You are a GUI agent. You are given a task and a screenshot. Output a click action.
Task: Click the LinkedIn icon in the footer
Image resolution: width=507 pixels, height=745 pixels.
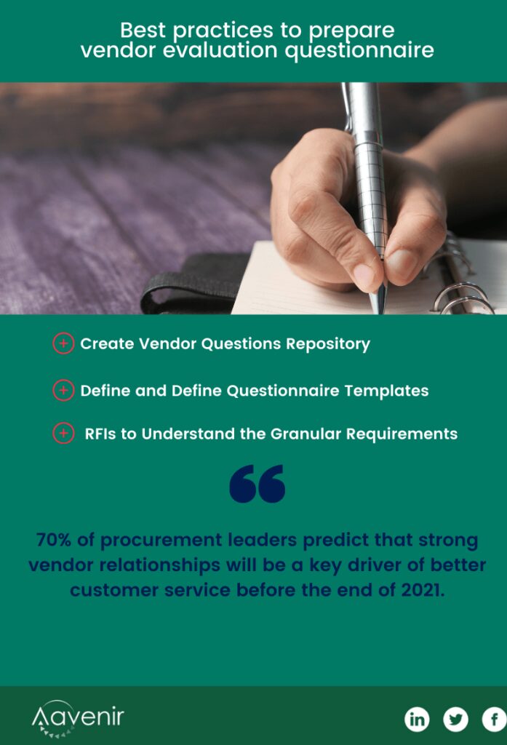[417, 720]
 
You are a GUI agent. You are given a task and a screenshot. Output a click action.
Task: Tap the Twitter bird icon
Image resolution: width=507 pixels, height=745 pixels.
[455, 720]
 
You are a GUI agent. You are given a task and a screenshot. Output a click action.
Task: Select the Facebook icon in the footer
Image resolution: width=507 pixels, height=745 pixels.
[495, 720]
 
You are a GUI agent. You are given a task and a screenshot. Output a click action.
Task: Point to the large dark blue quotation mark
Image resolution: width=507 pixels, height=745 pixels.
[257, 484]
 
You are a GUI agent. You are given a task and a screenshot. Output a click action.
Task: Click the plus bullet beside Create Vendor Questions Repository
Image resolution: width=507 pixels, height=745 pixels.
[63, 343]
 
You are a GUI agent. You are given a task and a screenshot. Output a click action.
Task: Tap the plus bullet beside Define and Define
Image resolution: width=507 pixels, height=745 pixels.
[63, 390]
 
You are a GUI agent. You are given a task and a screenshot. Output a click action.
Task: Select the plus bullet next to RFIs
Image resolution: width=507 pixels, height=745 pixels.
[63, 434]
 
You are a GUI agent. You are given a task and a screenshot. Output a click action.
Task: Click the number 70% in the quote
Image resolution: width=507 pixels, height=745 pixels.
[53, 540]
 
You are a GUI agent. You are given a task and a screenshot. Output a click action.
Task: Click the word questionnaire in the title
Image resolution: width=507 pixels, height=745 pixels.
[359, 51]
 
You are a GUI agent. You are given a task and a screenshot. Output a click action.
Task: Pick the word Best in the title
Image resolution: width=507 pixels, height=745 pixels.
[143, 31]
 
